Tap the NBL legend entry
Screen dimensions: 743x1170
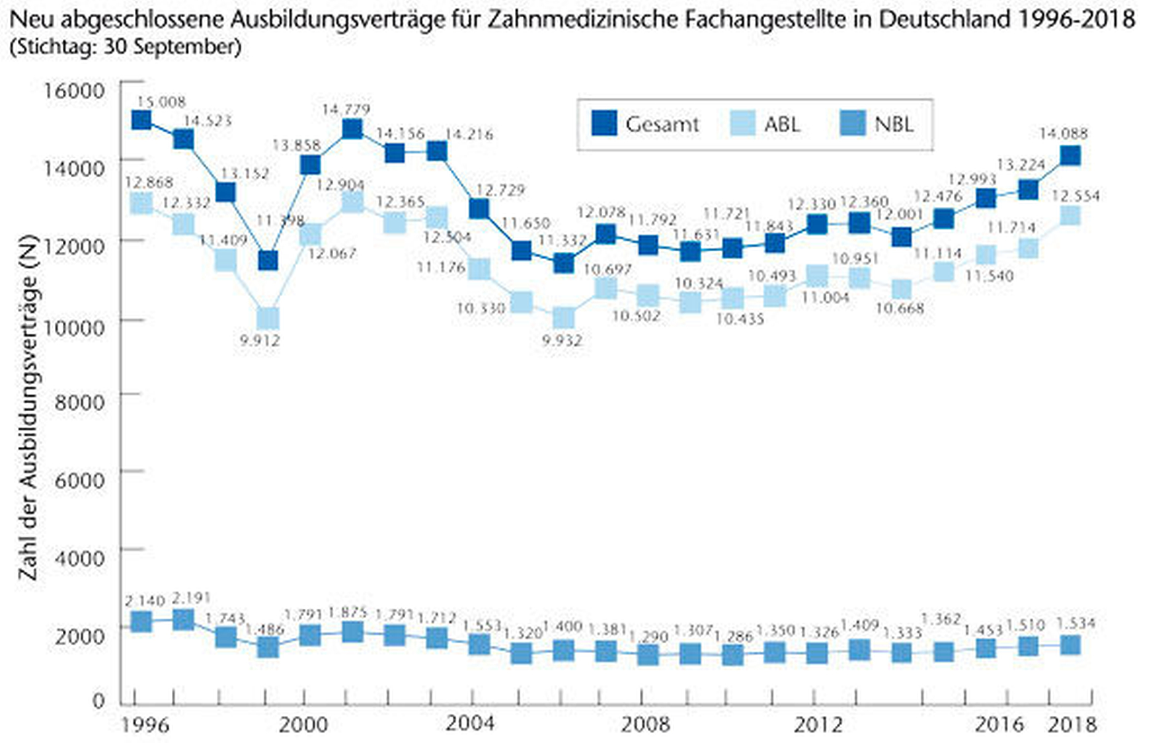click(877, 124)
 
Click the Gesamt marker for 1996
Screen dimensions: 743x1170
click(142, 119)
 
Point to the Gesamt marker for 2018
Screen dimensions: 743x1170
click(1070, 156)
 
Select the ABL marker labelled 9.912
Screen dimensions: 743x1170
click(268, 318)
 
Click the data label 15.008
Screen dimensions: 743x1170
click(161, 102)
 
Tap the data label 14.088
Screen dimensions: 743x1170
click(1063, 134)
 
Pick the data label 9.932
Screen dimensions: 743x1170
click(562, 340)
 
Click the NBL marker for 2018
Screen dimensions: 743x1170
click(1070, 645)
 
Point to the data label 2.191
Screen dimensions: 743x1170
click(192, 598)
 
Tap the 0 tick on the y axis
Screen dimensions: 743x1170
click(99, 701)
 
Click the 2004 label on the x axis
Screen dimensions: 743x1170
click(470, 723)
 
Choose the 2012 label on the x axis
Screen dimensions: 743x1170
click(818, 725)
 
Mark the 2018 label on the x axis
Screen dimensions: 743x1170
click(1072, 725)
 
